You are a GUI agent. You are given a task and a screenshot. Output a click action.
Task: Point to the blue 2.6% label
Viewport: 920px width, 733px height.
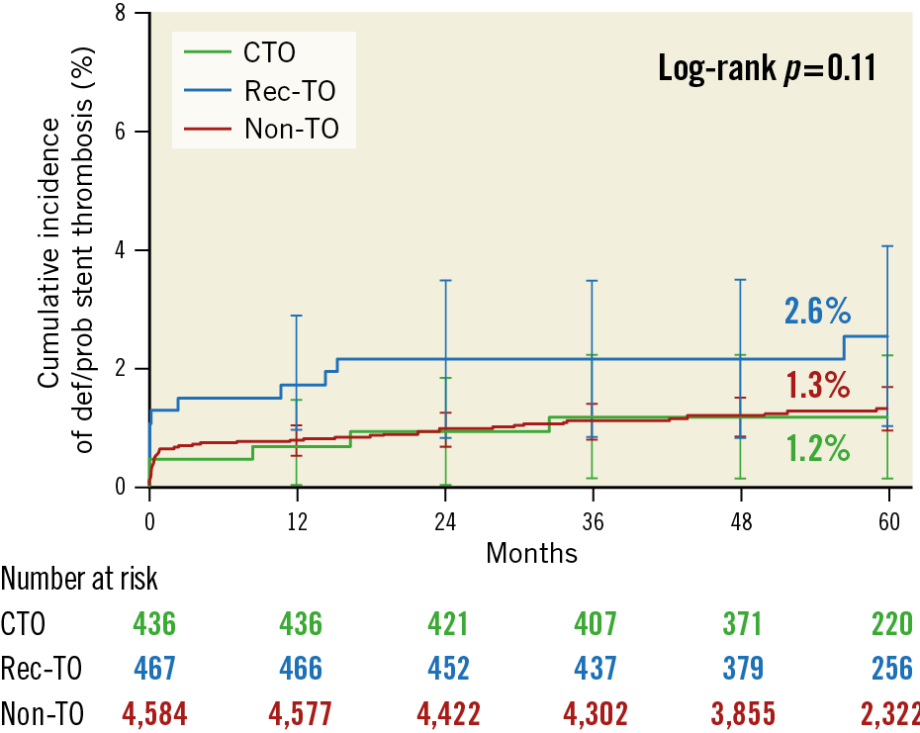pos(817,312)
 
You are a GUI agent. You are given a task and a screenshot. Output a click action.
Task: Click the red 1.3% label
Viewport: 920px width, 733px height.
pos(817,384)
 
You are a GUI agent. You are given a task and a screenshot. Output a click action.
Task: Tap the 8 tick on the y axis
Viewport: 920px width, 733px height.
pos(119,14)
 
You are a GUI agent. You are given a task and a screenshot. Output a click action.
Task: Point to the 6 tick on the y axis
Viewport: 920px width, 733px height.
pos(119,132)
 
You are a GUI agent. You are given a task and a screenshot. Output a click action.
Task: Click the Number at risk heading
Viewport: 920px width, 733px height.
pos(80,579)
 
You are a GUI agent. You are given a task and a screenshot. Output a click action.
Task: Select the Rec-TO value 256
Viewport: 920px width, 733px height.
pos(890,668)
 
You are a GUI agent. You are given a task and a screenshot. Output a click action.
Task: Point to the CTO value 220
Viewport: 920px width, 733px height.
pos(890,624)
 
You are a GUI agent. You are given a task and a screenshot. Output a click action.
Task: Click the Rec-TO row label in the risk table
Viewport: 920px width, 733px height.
pos(42,668)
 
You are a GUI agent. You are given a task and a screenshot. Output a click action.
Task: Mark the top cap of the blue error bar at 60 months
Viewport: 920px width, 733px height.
pos(888,245)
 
